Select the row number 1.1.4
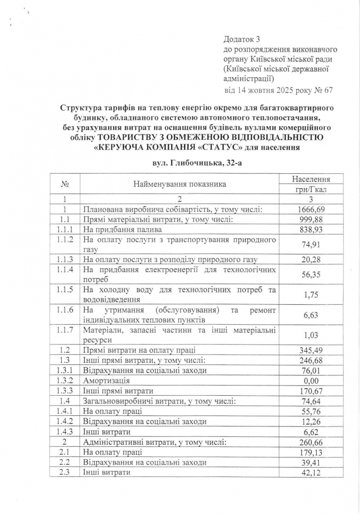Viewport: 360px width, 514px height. tap(65, 269)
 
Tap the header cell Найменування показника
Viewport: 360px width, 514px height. tap(180, 183)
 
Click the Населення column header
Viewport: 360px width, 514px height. tap(311, 179)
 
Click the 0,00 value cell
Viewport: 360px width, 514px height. tap(311, 380)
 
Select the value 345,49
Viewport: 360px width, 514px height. tap(311, 350)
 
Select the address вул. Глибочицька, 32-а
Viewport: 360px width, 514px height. tap(194, 163)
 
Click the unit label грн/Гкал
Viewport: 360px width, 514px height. tap(311, 189)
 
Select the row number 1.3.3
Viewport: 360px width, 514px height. tap(65, 391)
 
